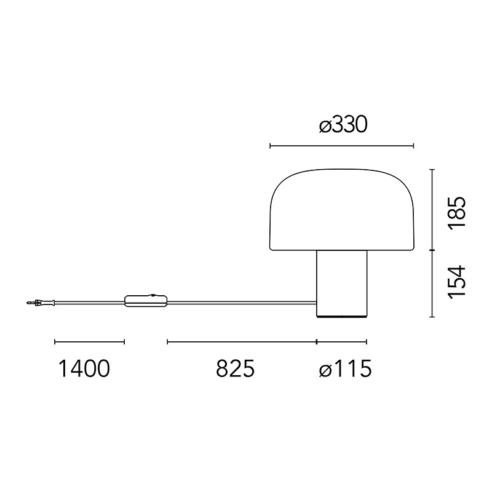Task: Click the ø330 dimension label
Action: [x=343, y=125]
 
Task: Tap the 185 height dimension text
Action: [x=456, y=213]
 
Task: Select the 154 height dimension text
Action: [x=456, y=282]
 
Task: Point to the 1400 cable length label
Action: [x=84, y=368]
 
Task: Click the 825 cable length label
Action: [x=235, y=368]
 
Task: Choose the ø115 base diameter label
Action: [x=345, y=368]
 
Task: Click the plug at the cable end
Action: [x=41, y=303]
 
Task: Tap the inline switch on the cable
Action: [x=146, y=300]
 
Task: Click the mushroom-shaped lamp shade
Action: [x=342, y=210]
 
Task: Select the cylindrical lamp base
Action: [x=342, y=284]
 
